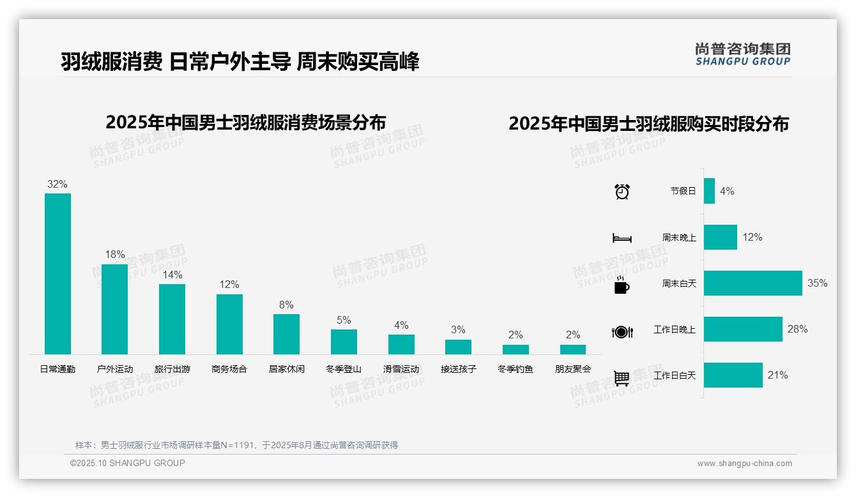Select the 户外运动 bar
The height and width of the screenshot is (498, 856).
pos(115,309)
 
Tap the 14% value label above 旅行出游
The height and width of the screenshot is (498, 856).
pos(172,275)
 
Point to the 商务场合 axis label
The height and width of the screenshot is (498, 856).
pos(229,369)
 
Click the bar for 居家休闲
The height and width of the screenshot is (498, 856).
pos(286,334)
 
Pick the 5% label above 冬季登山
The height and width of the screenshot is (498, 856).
pos(344,321)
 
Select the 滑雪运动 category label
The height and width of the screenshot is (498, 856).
pos(401,369)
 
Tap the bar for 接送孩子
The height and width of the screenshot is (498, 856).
pos(458,347)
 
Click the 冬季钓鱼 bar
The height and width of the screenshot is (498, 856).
pos(516,349)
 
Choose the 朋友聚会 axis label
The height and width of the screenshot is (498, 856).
pos(573,369)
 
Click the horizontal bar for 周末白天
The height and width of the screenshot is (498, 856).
pos(753,283)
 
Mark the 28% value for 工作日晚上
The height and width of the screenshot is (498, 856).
pos(797,329)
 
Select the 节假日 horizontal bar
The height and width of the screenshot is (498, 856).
pos(709,191)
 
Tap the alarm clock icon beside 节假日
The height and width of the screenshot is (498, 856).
pos(622,192)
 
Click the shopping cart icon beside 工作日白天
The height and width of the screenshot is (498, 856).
pos(622,378)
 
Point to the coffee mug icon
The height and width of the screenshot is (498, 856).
pos(622,285)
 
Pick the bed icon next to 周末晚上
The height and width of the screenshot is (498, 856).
pos(622,238)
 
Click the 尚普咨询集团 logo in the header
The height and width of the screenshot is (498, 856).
pos(743,54)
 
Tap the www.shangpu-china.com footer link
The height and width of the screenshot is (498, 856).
pos(744,464)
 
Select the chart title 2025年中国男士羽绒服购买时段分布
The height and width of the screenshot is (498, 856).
pos(648,124)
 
